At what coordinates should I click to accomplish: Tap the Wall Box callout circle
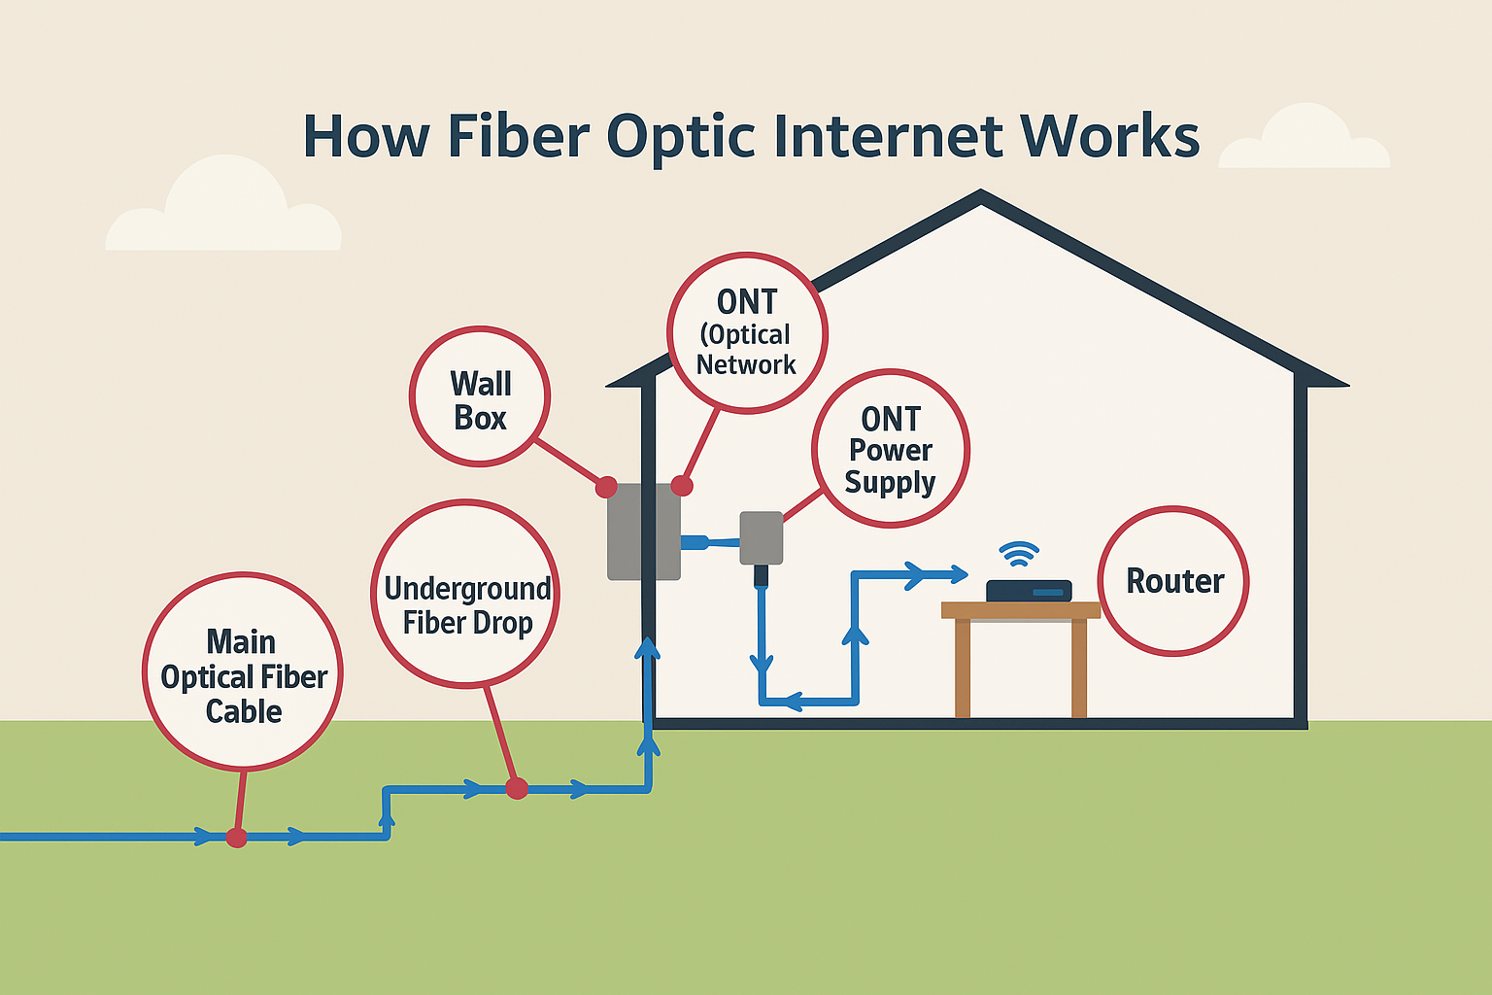tap(480, 396)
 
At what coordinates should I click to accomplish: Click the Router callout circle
tap(1173, 581)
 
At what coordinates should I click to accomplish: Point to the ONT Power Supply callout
tap(890, 449)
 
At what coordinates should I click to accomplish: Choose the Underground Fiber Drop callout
tap(466, 594)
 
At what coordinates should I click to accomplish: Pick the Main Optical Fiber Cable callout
tap(243, 672)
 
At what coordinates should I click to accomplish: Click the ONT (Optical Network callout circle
tap(747, 333)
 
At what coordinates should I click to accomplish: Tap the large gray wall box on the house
tap(643, 532)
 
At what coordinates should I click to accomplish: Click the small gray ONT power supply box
tap(762, 537)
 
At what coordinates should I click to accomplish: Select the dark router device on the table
tap(1029, 591)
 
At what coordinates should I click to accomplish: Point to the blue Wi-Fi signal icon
tap(1019, 554)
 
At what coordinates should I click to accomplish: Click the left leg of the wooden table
tap(962, 669)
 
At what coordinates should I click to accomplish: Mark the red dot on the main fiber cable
tap(236, 837)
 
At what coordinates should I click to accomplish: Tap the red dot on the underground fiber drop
tap(517, 788)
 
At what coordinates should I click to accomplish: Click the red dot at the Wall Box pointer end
tap(606, 486)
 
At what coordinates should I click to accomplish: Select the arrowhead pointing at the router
tap(957, 574)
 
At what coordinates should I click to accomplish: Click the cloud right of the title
tap(1304, 141)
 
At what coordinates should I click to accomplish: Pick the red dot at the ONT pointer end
tap(682, 486)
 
